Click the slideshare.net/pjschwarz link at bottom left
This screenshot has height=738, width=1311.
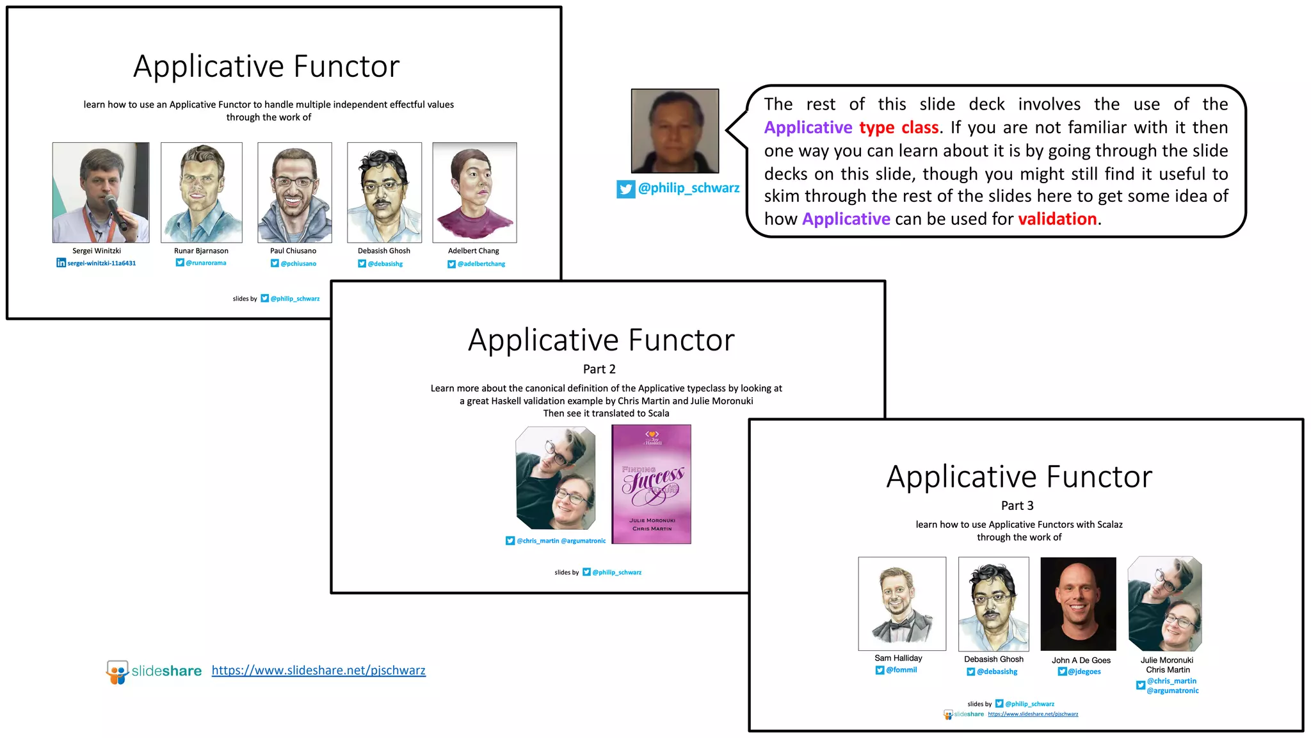(x=318, y=670)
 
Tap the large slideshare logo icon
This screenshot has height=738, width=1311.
(x=117, y=672)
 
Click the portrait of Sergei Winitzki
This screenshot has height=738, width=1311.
(x=101, y=192)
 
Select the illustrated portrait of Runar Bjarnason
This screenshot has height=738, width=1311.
(x=201, y=192)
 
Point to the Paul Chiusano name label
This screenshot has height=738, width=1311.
(x=293, y=250)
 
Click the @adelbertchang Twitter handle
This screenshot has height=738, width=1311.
(x=481, y=264)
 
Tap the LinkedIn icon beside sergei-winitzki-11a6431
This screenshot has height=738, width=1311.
(x=61, y=263)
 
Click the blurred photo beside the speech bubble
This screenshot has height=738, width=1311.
(x=675, y=131)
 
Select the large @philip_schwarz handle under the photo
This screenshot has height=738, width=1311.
(x=688, y=188)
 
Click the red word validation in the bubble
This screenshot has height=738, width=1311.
(x=1057, y=219)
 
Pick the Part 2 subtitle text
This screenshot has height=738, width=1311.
(x=599, y=369)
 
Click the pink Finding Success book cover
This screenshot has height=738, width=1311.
(x=651, y=484)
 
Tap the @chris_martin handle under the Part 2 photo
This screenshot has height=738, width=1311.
(x=538, y=541)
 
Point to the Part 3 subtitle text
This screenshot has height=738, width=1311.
(x=1017, y=505)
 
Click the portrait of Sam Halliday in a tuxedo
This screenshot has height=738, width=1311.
(x=901, y=603)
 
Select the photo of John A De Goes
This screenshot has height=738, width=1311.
(x=1078, y=603)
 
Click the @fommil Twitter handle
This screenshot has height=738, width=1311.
(x=901, y=670)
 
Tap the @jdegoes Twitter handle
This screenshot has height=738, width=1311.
(x=1084, y=671)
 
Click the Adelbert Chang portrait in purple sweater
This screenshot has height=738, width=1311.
(x=474, y=192)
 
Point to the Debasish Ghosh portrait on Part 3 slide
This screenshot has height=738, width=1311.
(x=993, y=603)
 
